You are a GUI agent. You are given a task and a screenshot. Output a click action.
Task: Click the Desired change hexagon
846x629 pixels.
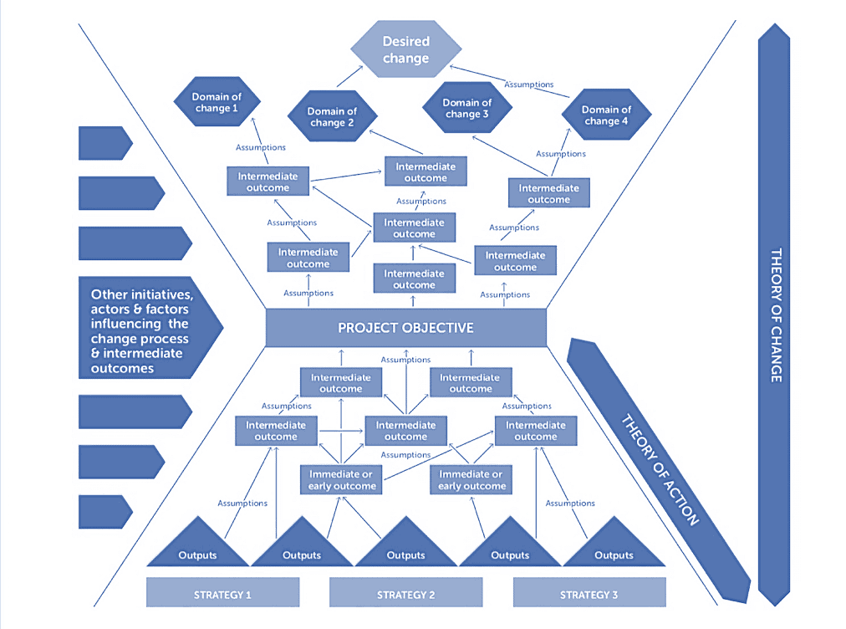tap(405, 49)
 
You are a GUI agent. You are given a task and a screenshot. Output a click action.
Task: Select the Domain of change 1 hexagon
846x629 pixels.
tap(216, 103)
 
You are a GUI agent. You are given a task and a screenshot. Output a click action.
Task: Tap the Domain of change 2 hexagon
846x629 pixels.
tap(332, 116)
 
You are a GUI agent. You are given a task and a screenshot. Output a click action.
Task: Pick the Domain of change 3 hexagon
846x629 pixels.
tap(467, 109)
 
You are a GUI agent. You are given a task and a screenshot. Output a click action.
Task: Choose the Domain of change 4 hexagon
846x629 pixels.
tap(606, 115)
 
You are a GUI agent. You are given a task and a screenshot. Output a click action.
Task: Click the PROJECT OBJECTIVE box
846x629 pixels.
tap(405, 327)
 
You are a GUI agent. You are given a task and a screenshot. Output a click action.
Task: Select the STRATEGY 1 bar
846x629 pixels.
tap(222, 595)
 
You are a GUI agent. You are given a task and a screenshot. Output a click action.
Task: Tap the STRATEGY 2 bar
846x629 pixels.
tap(405, 595)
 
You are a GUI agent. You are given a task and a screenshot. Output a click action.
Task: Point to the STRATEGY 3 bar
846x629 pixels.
tap(589, 595)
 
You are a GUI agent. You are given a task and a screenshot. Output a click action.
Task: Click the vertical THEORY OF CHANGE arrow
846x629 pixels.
tap(774, 314)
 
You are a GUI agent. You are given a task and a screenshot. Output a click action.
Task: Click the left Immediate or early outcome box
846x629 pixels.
tap(342, 480)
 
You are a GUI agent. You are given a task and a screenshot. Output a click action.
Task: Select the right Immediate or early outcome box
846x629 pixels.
tap(471, 480)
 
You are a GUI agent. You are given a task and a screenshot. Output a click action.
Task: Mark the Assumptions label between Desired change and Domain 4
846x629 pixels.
tap(528, 84)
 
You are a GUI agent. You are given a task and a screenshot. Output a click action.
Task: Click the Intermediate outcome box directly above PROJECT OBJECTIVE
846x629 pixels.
tap(415, 279)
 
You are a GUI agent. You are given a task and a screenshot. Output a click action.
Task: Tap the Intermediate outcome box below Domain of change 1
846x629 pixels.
tap(268, 182)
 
